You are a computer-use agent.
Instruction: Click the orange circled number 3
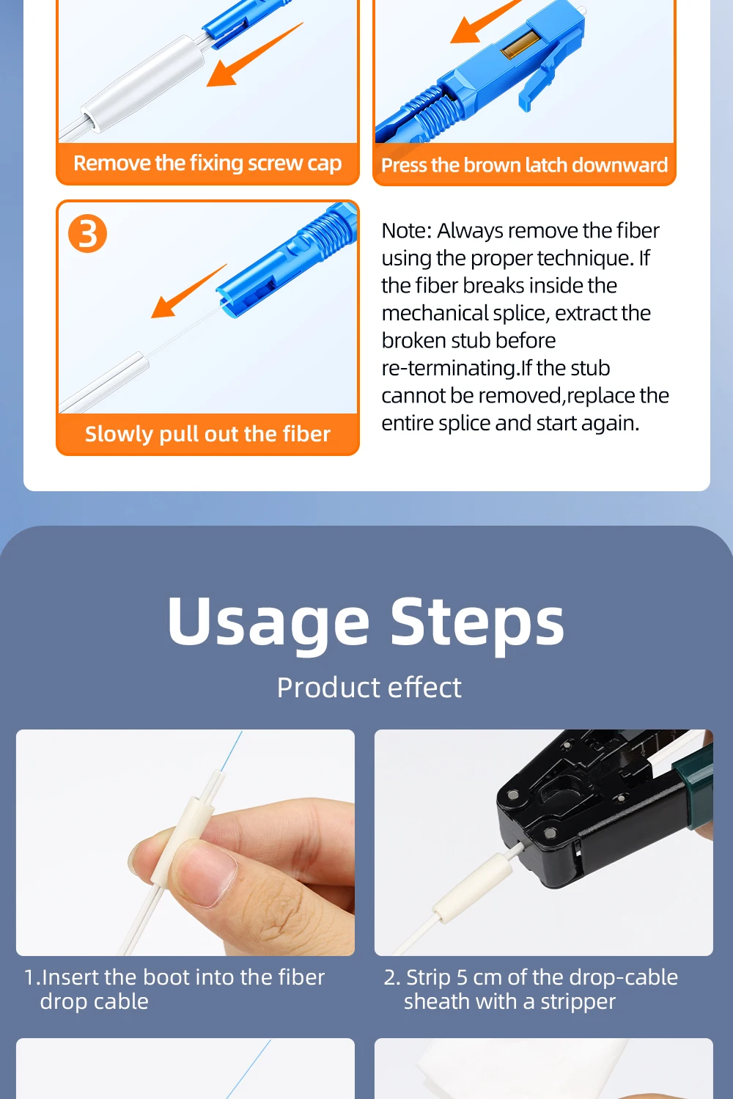[x=87, y=234]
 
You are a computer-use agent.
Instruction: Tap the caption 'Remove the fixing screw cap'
[x=207, y=163]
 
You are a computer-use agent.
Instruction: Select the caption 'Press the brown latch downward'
[x=525, y=166]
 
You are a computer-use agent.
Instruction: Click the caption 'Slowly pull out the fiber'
[x=207, y=434]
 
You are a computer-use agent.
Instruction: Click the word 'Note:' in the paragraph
[x=406, y=231]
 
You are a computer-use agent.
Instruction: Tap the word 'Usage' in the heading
[x=268, y=623]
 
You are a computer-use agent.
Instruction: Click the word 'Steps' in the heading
[x=477, y=623]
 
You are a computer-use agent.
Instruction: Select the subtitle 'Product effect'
[x=369, y=688]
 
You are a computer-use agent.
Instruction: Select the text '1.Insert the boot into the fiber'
[x=174, y=978]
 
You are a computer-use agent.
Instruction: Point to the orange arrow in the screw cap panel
[x=254, y=54]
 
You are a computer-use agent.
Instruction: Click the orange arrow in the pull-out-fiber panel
[x=189, y=291]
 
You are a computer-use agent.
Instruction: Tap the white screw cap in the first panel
[x=142, y=84]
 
